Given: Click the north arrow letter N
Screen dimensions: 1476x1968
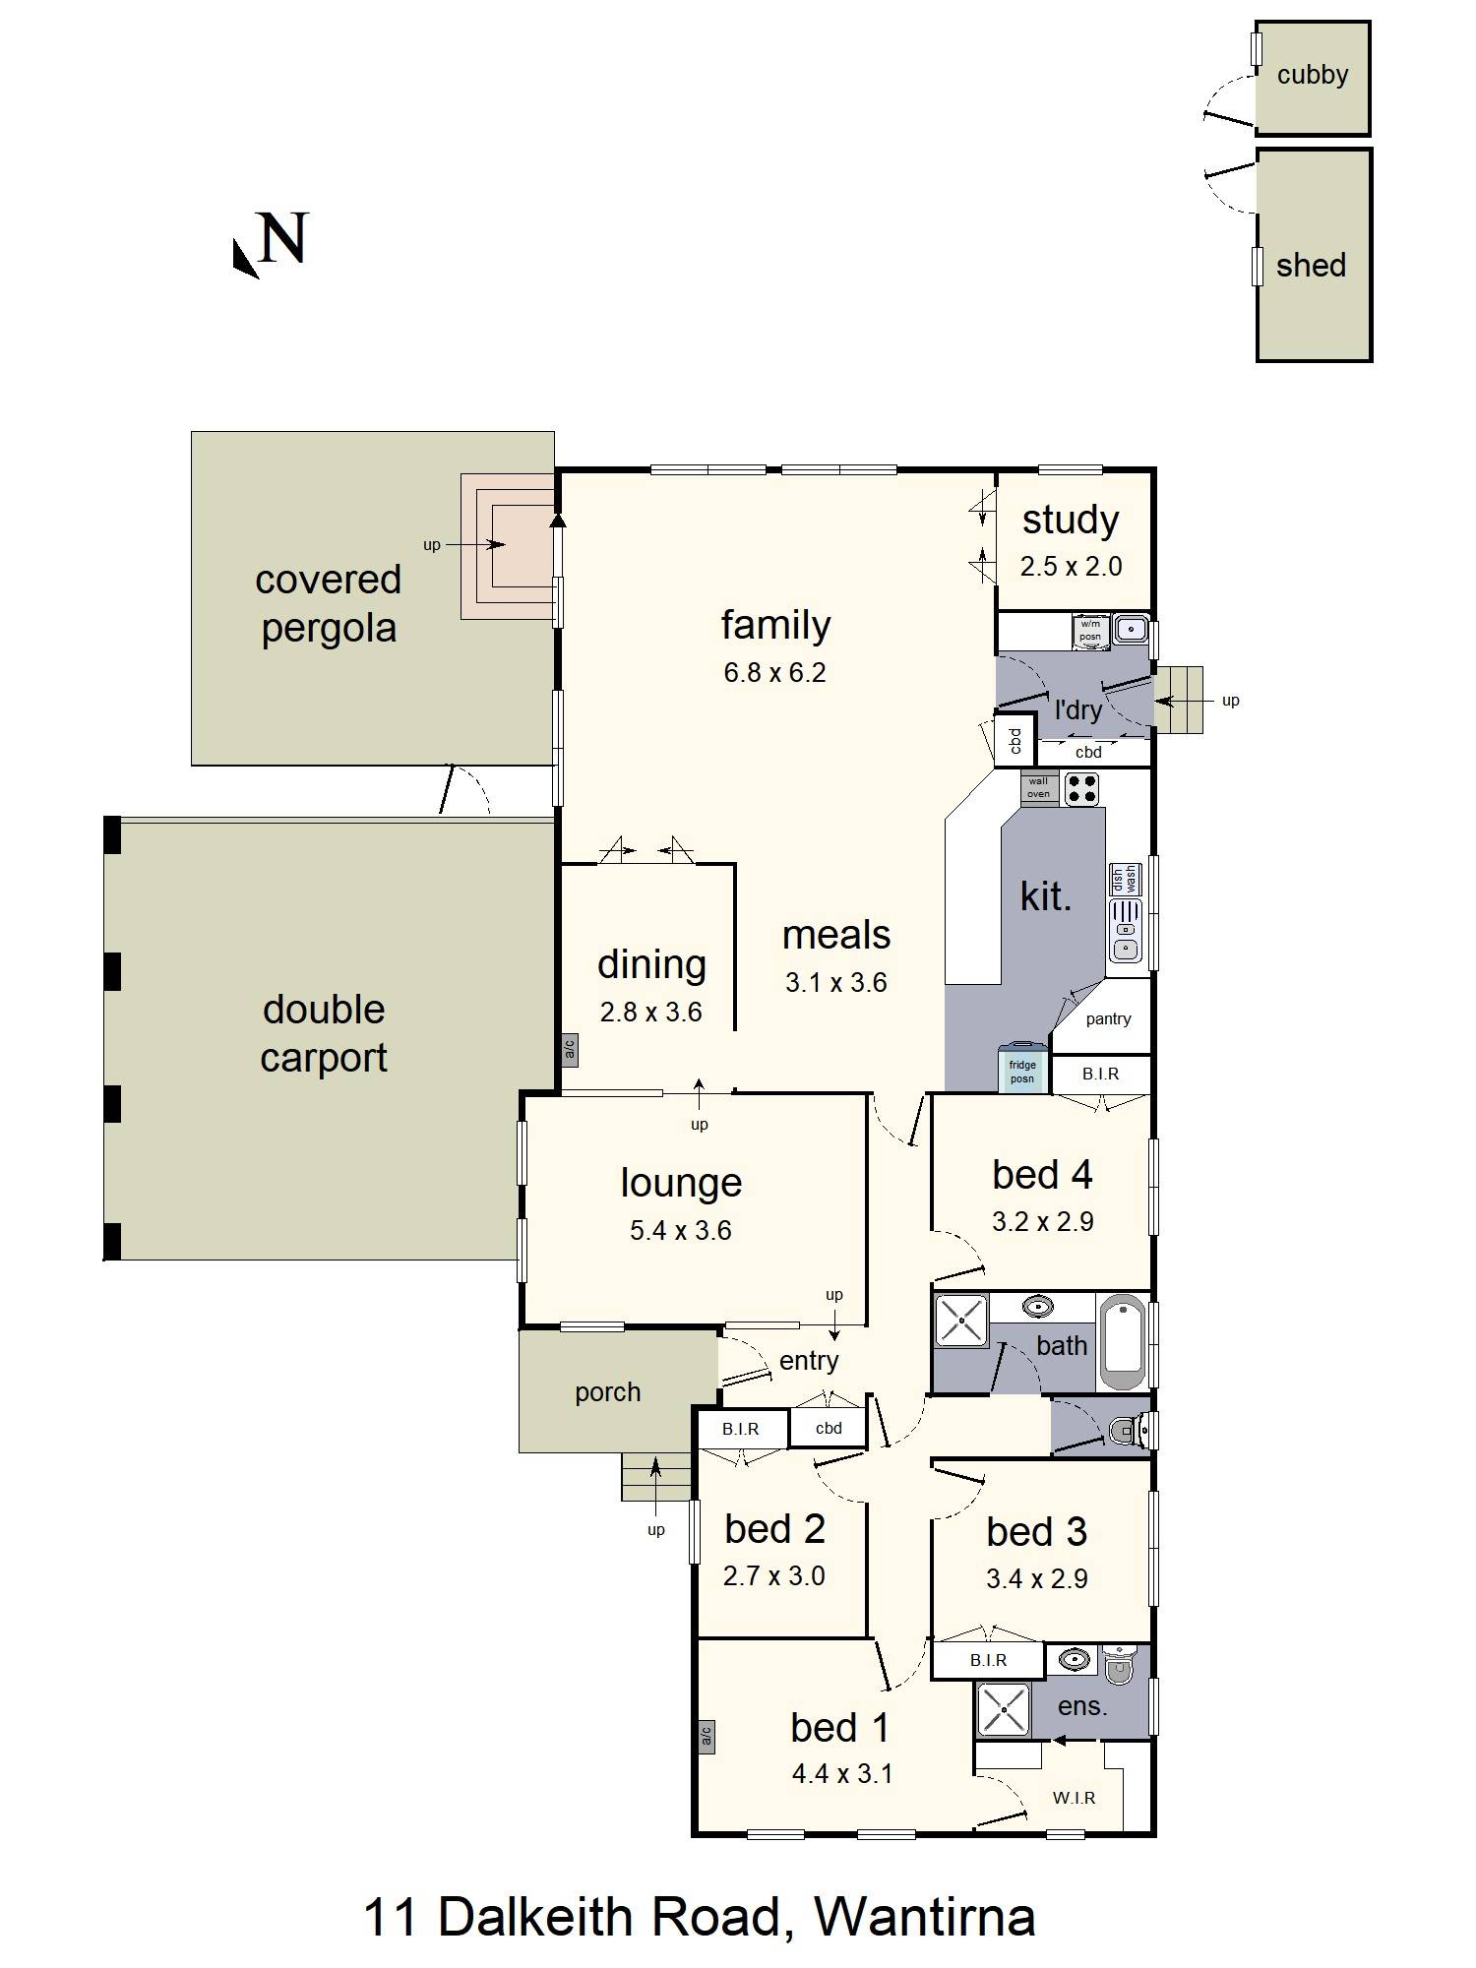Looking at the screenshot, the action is click(283, 238).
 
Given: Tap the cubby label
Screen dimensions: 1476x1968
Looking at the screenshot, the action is click(1313, 75).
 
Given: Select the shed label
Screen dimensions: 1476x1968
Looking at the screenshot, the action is click(1311, 266).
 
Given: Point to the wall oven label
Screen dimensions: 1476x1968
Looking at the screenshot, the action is click(1038, 787).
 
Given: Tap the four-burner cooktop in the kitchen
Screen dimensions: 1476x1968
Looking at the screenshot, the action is click(1081, 789).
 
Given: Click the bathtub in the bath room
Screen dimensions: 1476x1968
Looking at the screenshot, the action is click(1122, 1342).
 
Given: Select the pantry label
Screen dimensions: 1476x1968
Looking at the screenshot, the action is click(1108, 1019).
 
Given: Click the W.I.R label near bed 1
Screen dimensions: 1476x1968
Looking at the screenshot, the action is click(1074, 1798).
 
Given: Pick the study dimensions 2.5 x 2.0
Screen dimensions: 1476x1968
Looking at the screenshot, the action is click(1071, 567).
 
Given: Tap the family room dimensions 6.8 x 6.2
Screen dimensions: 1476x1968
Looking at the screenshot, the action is click(774, 673).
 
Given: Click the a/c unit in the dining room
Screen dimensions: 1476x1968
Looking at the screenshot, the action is click(569, 1050).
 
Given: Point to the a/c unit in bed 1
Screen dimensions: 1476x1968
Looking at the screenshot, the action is click(706, 1738).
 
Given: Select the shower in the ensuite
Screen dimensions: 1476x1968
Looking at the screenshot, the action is click(1003, 1709).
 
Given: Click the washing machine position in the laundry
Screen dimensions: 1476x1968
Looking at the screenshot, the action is click(1091, 631).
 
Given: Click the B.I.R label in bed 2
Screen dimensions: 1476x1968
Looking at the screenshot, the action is click(740, 1429).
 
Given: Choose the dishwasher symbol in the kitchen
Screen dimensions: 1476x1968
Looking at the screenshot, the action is click(1124, 879).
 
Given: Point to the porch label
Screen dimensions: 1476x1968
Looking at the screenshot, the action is click(607, 1393).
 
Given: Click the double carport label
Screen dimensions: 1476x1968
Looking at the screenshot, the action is click(324, 1034).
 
